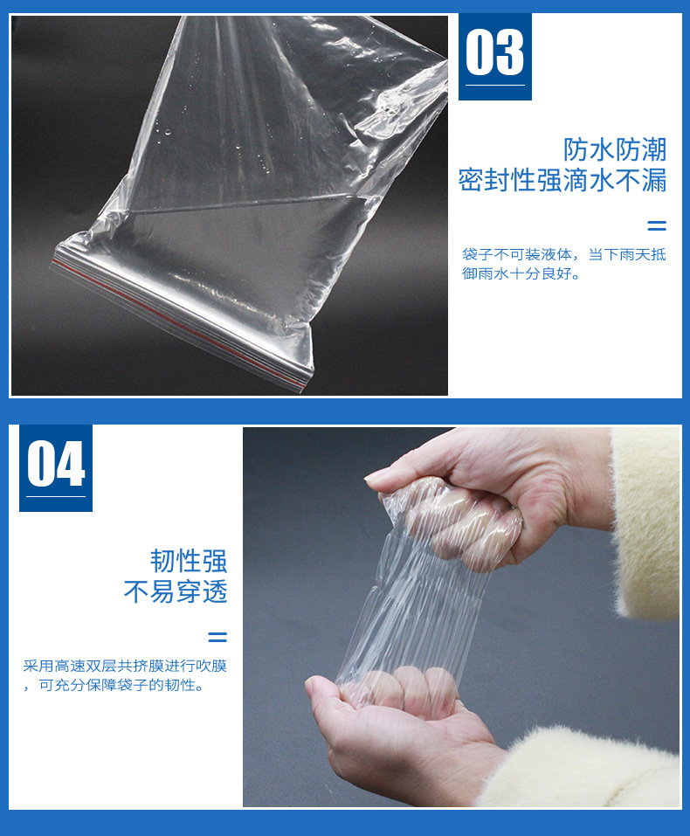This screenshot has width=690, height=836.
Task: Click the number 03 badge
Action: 494,53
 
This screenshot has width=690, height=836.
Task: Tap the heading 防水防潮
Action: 614,149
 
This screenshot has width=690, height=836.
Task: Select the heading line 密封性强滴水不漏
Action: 562,181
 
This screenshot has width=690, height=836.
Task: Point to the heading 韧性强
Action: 188,561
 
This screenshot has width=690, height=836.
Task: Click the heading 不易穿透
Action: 175,592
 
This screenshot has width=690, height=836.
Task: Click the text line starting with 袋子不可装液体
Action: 563,255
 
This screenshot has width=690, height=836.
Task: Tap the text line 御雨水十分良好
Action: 521,273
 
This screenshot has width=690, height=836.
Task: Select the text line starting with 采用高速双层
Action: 125,667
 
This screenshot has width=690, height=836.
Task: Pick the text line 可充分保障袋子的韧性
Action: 121,686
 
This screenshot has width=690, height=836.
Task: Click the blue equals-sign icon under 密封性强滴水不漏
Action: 656,225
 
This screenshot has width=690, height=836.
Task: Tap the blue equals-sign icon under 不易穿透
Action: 217,637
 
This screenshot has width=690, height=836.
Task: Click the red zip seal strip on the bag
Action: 175,314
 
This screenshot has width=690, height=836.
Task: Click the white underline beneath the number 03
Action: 494,85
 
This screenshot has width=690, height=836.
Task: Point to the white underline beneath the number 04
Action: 56,497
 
